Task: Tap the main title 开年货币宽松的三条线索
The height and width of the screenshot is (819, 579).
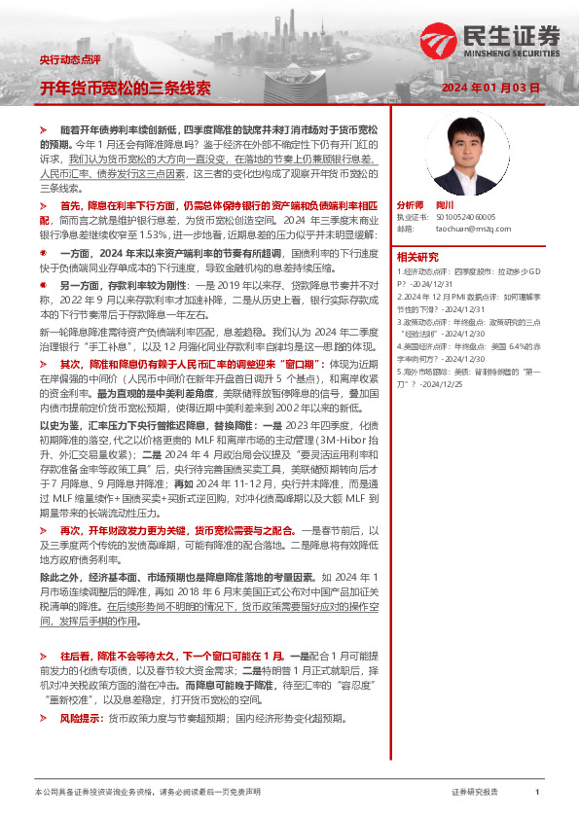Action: pos(125,88)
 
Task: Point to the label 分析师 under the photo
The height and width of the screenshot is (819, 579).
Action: pos(410,206)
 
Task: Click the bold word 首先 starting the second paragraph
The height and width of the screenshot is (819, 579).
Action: pos(71,207)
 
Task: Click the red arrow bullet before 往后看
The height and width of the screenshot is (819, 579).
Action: pos(43,657)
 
